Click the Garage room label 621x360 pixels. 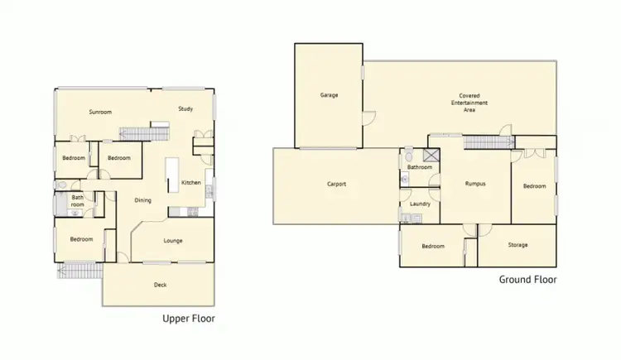point(329,95)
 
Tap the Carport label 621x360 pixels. point(336,184)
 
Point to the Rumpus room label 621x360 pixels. point(474,184)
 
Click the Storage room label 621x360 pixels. point(517,245)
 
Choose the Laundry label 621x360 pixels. point(418,204)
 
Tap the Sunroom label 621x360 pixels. point(101,112)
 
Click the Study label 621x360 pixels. point(185,108)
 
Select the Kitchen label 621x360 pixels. point(191,183)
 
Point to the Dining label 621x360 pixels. point(142,199)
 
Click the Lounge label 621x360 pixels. point(172,241)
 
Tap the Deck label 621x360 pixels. point(161,285)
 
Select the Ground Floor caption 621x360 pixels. point(527,280)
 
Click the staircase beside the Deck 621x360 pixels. point(79,270)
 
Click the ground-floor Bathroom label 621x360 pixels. point(420,167)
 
